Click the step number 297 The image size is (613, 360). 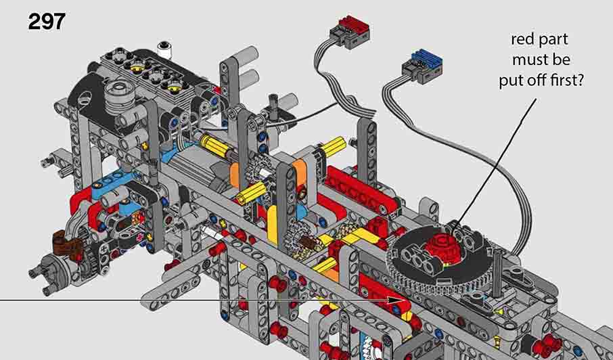46,22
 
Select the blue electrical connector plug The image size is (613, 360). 422,64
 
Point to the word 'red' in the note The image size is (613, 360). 522,40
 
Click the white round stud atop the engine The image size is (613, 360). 165,49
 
